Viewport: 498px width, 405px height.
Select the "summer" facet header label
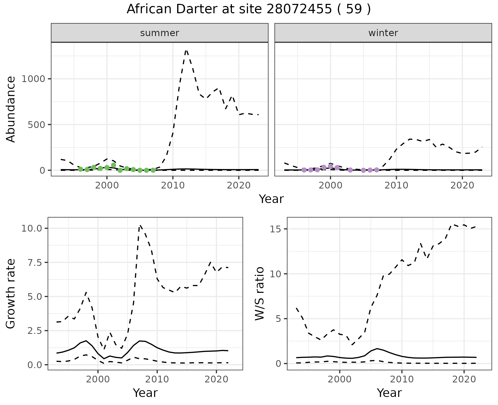pos(160,33)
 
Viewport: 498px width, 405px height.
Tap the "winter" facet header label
pos(383,33)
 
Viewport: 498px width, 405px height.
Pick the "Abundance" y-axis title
pos(11,109)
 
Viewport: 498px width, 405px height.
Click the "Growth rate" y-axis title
pos(11,294)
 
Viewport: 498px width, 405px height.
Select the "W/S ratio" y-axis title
pos(259,294)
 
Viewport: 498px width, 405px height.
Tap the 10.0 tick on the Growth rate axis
pos(32,228)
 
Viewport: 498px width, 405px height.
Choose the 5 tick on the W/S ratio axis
pos(278,319)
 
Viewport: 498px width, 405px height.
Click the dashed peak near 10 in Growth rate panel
pos(140,226)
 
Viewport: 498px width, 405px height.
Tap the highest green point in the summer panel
pos(113,165)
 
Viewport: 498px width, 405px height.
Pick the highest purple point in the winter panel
pos(330,166)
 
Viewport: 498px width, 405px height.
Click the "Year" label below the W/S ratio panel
pos(389,393)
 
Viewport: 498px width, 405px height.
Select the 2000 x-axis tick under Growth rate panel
pos(98,379)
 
